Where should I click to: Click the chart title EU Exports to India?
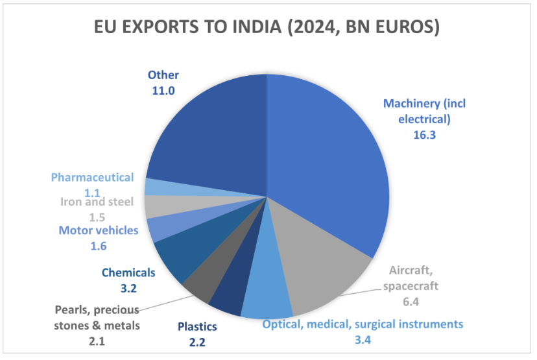tap(267, 27)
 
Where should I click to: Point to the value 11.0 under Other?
tap(163, 91)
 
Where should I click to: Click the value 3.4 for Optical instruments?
tap(363, 339)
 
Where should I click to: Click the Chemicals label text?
tap(128, 272)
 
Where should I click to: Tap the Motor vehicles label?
tap(99, 230)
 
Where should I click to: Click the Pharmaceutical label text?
tap(92, 177)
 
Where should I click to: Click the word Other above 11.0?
tap(163, 75)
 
